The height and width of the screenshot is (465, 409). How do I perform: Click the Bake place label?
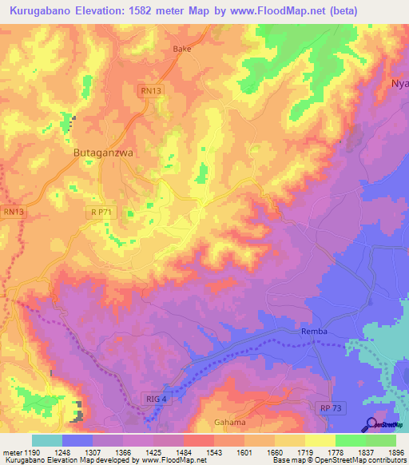182,49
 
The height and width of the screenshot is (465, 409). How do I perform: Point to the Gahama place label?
229,422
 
